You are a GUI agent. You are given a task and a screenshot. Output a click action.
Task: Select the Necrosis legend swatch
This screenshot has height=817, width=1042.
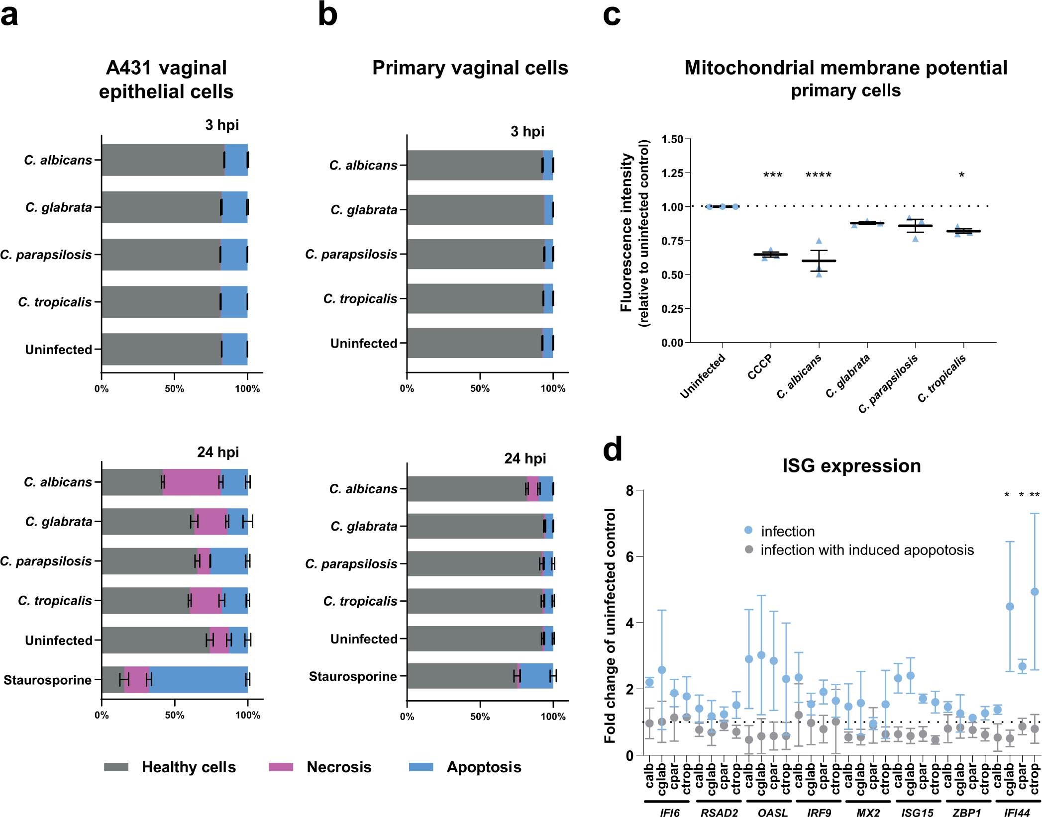point(281,767)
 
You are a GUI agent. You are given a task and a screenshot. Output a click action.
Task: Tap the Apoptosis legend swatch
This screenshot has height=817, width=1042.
point(420,767)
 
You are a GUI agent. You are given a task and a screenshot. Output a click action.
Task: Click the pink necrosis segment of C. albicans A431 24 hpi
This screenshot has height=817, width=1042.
point(192,482)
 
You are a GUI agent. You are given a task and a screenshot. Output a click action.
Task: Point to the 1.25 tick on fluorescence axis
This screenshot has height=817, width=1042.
point(672,173)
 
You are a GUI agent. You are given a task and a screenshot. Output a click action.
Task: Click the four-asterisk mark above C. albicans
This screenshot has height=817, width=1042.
point(818,175)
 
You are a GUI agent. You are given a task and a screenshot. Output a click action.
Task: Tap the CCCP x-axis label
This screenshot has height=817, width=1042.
point(760,367)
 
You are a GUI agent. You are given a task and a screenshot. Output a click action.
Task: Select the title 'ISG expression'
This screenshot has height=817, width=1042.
point(851,466)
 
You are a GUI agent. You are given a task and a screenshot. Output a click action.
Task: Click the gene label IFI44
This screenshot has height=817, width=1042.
point(1016,813)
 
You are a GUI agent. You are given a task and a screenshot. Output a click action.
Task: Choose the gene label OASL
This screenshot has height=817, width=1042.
point(772,813)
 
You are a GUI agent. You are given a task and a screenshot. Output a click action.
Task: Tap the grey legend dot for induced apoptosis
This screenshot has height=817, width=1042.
point(748,549)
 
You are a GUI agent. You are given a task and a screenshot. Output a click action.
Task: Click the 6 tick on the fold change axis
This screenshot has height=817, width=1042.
point(630,556)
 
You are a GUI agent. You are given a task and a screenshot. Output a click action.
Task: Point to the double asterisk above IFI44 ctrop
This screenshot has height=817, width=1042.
point(1035,495)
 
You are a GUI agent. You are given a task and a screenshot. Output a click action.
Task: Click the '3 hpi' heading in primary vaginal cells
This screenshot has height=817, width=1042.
point(527,131)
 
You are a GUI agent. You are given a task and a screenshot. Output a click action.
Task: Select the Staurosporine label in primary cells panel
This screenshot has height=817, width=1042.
point(353,676)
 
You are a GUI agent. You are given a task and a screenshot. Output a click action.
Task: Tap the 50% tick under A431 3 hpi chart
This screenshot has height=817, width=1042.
point(174,389)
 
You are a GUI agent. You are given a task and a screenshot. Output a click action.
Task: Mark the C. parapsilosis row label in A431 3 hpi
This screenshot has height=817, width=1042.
point(46,255)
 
